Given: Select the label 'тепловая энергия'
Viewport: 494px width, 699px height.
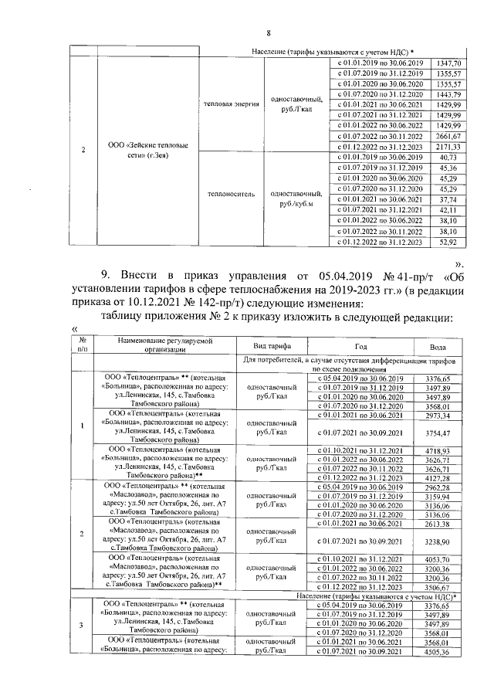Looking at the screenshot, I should [231, 103].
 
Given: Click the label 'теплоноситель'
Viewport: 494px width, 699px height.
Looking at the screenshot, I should [229, 196].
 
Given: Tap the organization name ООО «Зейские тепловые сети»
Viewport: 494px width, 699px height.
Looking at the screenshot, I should [139, 151].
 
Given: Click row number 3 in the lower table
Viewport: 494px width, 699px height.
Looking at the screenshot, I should [83, 626].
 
